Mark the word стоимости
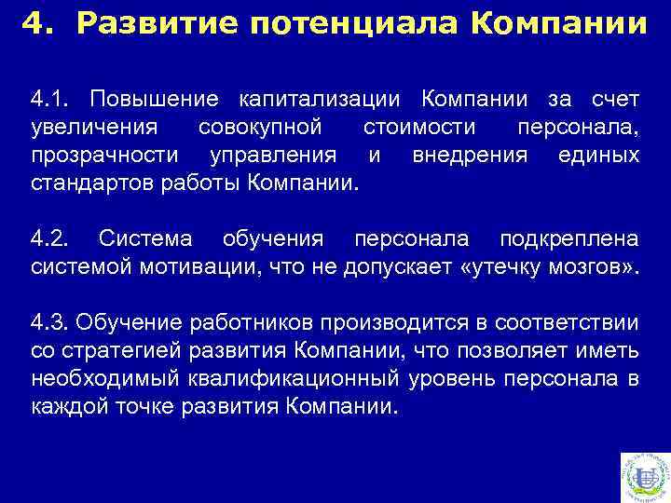[x=420, y=127]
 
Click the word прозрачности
[x=103, y=155]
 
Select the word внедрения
[x=469, y=155]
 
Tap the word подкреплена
[x=569, y=239]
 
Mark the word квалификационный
[x=304, y=379]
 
